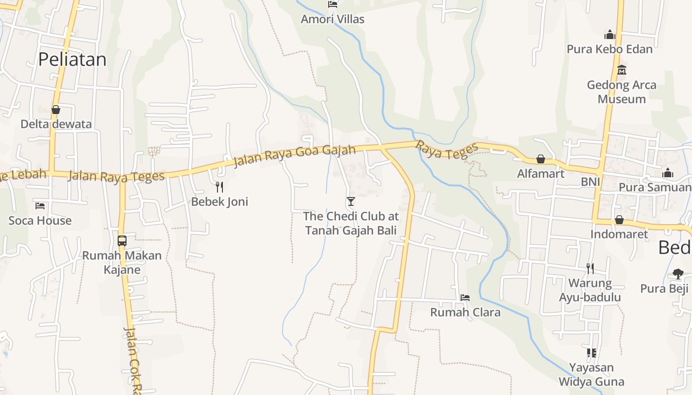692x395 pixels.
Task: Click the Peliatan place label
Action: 72,59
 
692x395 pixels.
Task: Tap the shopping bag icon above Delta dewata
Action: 56,110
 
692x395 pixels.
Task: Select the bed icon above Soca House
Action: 40,205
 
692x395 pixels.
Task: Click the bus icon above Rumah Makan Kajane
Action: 122,241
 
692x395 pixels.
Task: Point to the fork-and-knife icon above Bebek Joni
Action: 219,187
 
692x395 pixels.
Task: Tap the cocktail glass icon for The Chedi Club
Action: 351,201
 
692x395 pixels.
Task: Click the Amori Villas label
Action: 333,19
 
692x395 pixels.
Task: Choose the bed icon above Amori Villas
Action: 333,4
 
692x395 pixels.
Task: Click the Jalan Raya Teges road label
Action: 116,176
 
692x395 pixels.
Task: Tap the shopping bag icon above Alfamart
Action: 541,159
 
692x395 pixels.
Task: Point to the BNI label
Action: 590,182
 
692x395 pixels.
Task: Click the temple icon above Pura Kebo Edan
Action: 610,35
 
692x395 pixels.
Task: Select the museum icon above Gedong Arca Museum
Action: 622,70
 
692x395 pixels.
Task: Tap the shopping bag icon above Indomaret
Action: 619,220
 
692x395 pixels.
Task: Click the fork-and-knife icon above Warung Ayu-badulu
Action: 590,268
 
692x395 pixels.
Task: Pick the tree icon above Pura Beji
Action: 678,274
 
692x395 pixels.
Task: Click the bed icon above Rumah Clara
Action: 465,297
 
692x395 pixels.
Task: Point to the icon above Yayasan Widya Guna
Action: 591,353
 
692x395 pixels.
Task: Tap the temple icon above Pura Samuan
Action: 668,173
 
